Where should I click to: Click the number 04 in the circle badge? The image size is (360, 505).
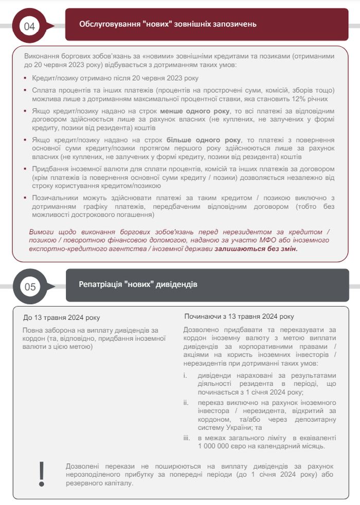30,26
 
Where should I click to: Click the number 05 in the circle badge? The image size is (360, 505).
30,287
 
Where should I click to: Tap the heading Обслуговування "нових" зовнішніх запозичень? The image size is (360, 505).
168,24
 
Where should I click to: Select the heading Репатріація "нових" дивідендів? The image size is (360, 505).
138,284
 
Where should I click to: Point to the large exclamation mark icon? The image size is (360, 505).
42,474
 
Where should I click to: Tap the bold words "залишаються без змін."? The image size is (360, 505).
256,248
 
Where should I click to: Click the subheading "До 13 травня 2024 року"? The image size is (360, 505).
61,317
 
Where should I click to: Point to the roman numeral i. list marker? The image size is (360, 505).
186,375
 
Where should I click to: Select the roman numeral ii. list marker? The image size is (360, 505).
186,402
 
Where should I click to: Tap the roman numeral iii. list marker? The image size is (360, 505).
187,438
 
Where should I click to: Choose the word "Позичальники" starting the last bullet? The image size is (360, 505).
54,198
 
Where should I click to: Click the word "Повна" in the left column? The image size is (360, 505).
32,330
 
